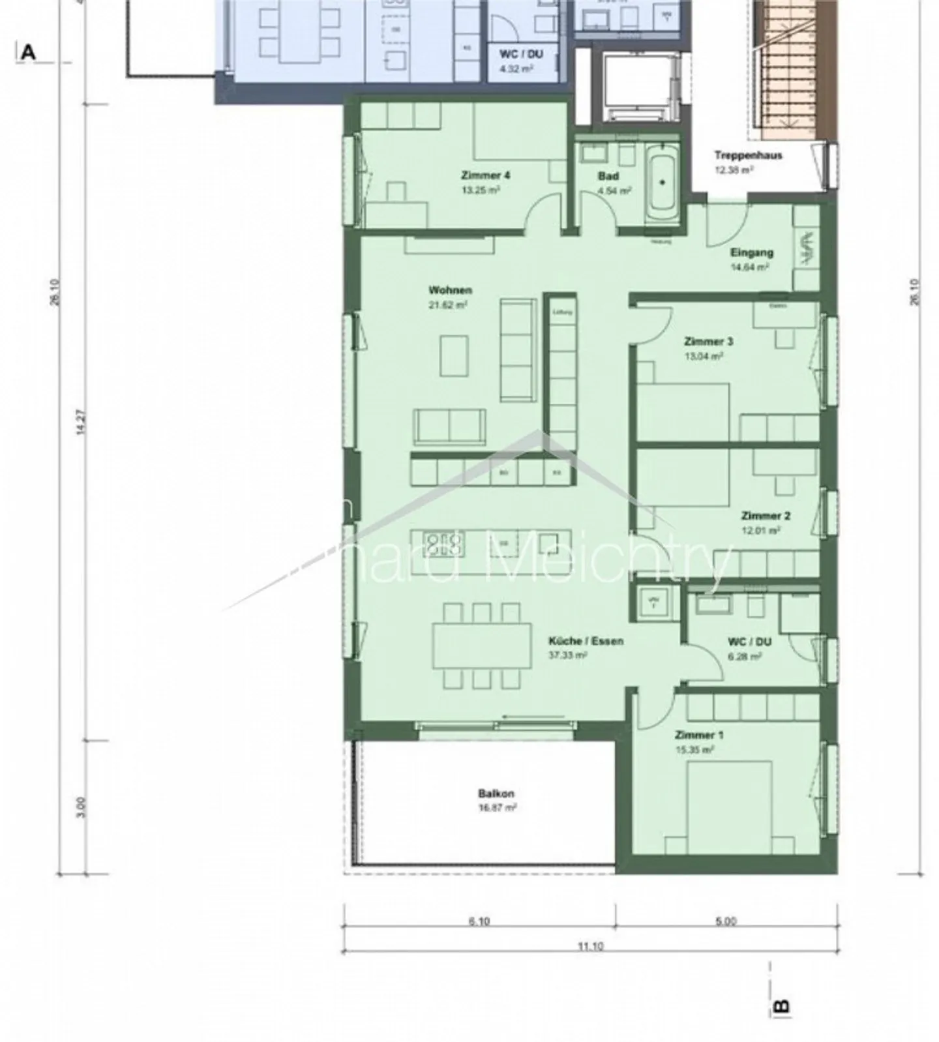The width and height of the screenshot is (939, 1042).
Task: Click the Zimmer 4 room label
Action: coord(485,175)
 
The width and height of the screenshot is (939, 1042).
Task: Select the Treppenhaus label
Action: coord(748,155)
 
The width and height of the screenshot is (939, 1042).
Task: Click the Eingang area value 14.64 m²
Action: coord(751,267)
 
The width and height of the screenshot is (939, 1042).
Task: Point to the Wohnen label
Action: coord(450,290)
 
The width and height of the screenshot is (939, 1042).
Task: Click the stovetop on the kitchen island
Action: coord(443,543)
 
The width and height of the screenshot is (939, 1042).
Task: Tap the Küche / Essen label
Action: coord(586,641)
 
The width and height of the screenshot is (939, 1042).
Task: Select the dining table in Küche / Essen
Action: coord(483,645)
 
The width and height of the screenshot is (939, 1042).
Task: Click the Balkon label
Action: coord(496,794)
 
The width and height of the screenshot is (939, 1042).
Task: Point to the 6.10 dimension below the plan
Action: coord(479,921)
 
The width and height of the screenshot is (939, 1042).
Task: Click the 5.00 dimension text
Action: coord(726,921)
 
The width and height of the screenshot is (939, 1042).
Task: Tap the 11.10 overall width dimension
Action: coord(590,946)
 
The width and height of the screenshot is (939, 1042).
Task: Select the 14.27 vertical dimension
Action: coord(80,422)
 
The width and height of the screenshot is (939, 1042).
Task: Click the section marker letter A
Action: coord(27,52)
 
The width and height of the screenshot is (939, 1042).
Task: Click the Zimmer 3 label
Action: coord(708,342)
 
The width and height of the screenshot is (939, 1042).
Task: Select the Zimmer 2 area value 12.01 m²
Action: coord(761,531)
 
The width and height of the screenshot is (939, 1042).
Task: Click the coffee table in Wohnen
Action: coord(454,355)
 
